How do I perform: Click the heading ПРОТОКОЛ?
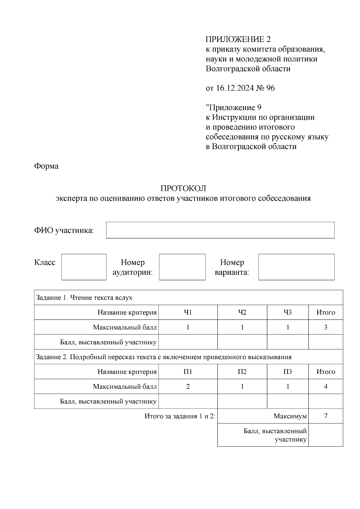pyautogui.click(x=183, y=188)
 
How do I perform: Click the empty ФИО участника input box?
pyautogui.click(x=220, y=230)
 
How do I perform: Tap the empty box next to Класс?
pyautogui.click(x=84, y=267)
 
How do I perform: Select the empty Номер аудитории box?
pyautogui.click(x=182, y=267)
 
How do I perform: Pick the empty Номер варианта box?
pyautogui.click(x=296, y=267)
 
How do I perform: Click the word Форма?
pyautogui.click(x=46, y=166)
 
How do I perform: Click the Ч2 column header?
pyautogui.click(x=242, y=313)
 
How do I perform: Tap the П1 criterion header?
pyautogui.click(x=188, y=372)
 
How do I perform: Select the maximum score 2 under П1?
pyautogui.click(x=188, y=386)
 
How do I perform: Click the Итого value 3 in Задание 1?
pyautogui.click(x=325, y=327)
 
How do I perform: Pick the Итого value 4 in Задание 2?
pyautogui.click(x=325, y=386)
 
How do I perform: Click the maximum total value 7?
pyautogui.click(x=325, y=416)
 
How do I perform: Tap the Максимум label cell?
pyautogui.click(x=290, y=416)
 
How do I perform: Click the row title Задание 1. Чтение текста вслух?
pyautogui.click(x=84, y=298)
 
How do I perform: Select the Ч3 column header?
pyautogui.click(x=287, y=313)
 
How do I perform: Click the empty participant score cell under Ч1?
pyautogui.click(x=188, y=342)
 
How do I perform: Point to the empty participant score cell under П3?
pyautogui.click(x=287, y=401)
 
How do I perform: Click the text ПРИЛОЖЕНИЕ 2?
pyautogui.click(x=238, y=39)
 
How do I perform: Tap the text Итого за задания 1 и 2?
pyautogui.click(x=180, y=416)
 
